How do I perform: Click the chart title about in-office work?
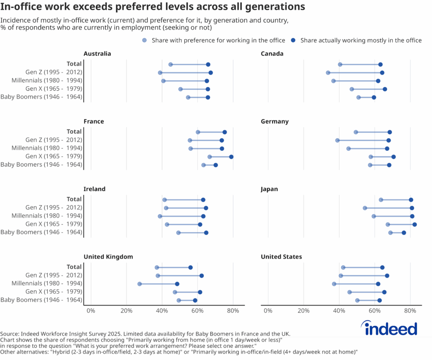(x=152, y=7)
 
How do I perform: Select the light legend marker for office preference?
(x=145, y=40)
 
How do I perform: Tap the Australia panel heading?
(x=97, y=54)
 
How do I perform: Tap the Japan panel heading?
(x=270, y=189)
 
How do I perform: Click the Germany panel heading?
(x=275, y=121)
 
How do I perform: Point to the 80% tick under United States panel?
(x=410, y=311)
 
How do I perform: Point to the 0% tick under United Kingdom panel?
(x=91, y=311)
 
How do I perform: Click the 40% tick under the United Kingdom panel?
(x=162, y=311)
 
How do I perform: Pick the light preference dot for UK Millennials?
(x=140, y=284)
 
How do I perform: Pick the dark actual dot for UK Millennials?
(x=177, y=284)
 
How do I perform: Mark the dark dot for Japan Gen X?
(x=414, y=225)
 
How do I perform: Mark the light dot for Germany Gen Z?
(x=337, y=140)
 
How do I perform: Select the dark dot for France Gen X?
(x=231, y=157)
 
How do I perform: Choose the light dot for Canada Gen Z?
(x=328, y=73)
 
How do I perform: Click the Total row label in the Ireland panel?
(x=74, y=199)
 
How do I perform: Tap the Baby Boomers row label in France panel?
(x=41, y=164)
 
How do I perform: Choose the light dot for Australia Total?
(x=170, y=64)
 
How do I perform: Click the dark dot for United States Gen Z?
(x=387, y=276)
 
